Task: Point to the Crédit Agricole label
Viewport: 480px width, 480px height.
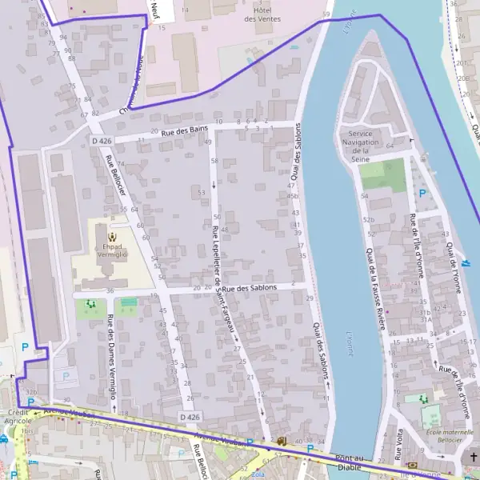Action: pyautogui.click(x=17, y=415)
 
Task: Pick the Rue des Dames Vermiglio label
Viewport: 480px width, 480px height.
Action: pyautogui.click(x=111, y=355)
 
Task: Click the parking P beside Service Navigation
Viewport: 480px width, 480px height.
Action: pyautogui.click(x=422, y=193)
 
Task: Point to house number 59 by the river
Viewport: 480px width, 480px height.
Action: pyautogui.click(x=326, y=14)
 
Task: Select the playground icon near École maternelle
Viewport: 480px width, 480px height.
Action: pyautogui.click(x=423, y=398)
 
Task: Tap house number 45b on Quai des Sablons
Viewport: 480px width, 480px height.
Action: pyautogui.click(x=294, y=195)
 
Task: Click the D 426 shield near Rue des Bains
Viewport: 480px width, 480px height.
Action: pyautogui.click(x=101, y=141)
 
